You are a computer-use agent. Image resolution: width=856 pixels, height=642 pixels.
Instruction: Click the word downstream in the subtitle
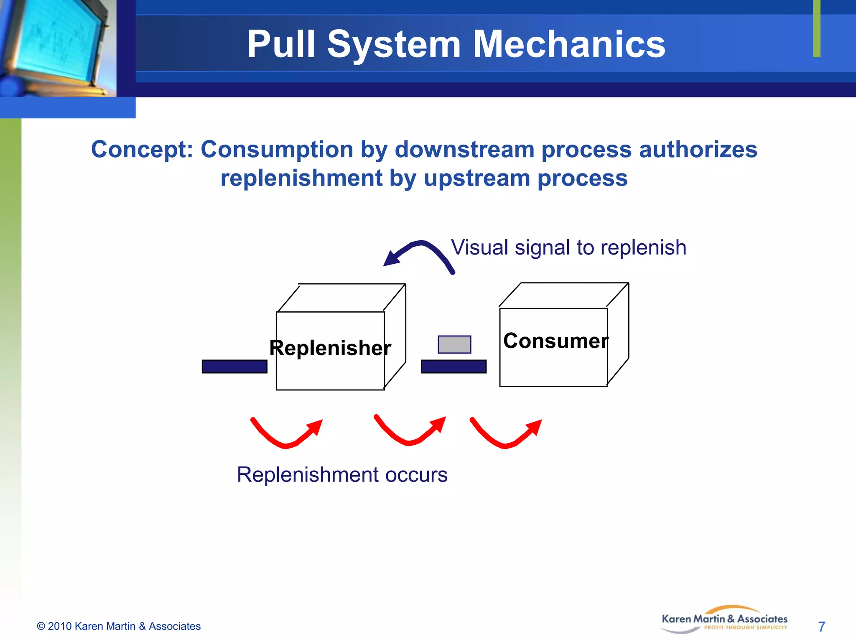coord(464,150)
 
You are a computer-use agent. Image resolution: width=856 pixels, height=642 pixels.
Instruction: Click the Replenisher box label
coord(330,348)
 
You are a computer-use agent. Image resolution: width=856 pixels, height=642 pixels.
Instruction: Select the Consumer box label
coord(555,341)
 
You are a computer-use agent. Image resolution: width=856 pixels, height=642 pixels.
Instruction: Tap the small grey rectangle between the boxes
coord(454,344)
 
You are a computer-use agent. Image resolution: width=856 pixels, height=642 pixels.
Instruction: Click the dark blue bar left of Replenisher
coord(234,367)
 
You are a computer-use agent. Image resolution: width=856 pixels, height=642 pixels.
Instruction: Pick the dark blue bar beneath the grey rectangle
coord(453,367)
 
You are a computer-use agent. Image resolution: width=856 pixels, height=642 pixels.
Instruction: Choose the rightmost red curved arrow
coord(505,436)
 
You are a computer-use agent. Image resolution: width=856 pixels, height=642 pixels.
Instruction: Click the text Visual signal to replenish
coord(568,247)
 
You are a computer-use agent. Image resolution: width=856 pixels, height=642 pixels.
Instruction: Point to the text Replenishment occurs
coord(342,475)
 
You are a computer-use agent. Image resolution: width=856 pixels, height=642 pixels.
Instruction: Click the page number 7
coord(821,627)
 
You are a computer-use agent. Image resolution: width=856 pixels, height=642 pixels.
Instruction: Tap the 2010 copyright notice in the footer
coord(119,626)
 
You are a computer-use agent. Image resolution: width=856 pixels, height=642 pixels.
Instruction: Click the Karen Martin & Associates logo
coord(724,620)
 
